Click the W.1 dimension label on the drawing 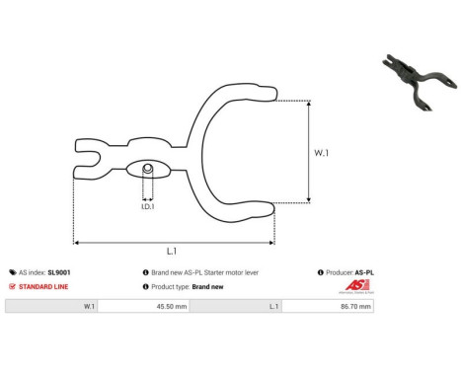322,153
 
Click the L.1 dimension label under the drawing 173,253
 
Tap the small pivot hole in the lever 147,169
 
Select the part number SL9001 58,271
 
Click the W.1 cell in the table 89,307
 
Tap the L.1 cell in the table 272,307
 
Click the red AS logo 356,286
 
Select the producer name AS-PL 364,271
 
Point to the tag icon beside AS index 11,271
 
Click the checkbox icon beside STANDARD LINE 11,286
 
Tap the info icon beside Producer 321,271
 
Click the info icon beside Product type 146,286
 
